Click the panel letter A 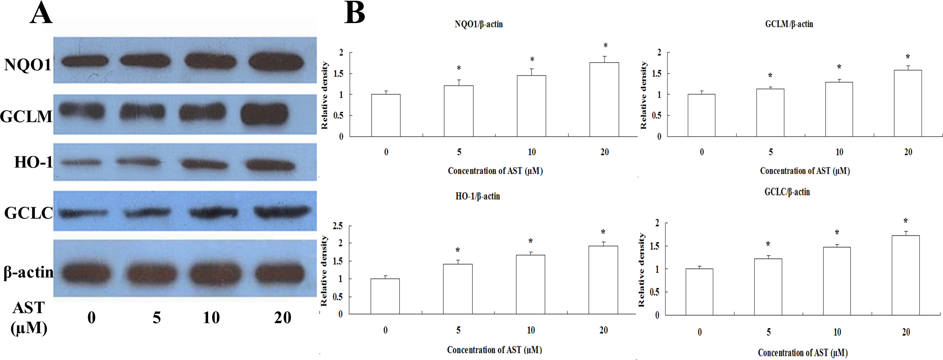pos(41,14)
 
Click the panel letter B pos(354,14)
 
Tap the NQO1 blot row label pos(27,65)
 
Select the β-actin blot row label pos(29,272)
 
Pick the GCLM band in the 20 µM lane pos(264,114)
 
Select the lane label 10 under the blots pos(211,318)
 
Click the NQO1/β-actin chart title pos(478,24)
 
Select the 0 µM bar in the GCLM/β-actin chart pos(701,115)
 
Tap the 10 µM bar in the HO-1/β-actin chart pos(530,284)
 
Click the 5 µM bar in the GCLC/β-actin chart pos(768,287)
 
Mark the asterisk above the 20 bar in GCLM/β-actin pos(908,57)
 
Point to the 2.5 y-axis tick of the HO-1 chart pos(338,226)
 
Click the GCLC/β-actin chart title pos(787,192)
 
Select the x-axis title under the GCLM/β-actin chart pos(805,171)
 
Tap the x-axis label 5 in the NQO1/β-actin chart pos(459,152)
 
